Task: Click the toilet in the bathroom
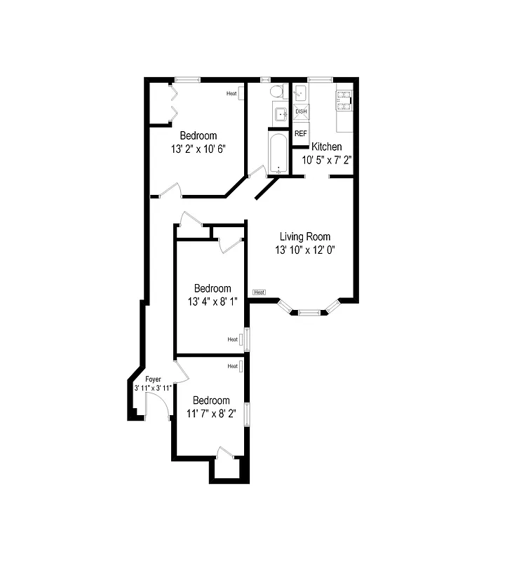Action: pos(276,92)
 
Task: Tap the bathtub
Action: pos(278,151)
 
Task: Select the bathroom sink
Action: pos(281,114)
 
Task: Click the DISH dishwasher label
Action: pos(301,111)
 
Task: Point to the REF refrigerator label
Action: pos(301,133)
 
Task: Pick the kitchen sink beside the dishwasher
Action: pos(300,94)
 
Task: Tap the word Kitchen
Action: pos(327,147)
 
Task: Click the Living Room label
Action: pos(305,237)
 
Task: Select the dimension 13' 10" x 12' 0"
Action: pos(305,250)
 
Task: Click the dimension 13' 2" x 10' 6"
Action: pos(198,149)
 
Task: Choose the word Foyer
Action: pos(153,379)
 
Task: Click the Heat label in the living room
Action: pos(259,292)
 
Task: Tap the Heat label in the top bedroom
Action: pos(231,93)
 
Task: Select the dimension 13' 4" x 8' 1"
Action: pos(213,302)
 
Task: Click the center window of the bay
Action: pos(309,312)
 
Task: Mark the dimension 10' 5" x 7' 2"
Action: pos(327,160)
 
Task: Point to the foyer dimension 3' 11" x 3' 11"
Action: pos(153,387)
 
